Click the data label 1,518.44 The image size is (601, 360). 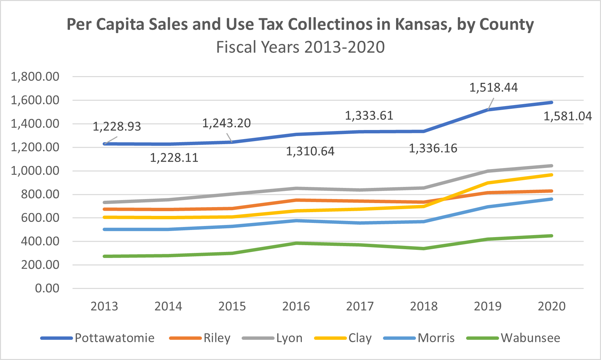coord(493,88)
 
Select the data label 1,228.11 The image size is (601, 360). coord(174,158)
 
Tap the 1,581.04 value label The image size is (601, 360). coord(567,116)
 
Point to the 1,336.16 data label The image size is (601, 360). coord(433,148)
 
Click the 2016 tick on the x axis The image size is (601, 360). coord(296,306)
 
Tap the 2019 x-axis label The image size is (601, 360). coord(488,306)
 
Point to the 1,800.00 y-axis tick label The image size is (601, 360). coord(35,77)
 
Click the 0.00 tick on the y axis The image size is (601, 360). coord(47,288)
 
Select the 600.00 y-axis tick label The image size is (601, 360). coord(40,218)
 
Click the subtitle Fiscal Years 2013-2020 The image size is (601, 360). coord(300,47)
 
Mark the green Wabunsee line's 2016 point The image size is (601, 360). coord(296,243)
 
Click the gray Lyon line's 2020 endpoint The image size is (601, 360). coord(552,166)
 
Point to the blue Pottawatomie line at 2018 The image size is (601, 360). coord(424,131)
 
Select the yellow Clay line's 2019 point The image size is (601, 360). coord(488,183)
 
